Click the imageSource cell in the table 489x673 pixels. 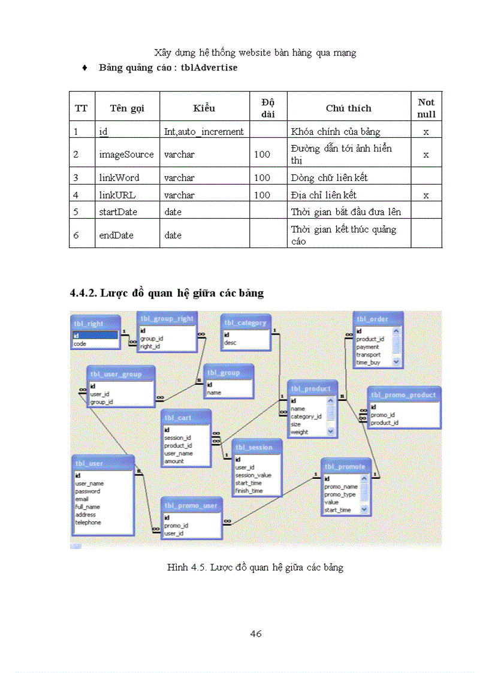pos(126,154)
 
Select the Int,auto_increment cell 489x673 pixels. pos(204,131)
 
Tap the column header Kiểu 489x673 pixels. pos(204,108)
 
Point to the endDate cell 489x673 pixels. pos(116,235)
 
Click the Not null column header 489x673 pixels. pos(426,108)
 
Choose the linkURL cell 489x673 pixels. pos(117,195)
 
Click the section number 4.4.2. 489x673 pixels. pos(83,293)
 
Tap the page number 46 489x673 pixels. pos(256,633)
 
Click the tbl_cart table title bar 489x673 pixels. pos(186,417)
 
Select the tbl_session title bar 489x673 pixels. pos(256,447)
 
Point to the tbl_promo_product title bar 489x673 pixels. pos(404,395)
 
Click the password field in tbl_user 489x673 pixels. pos(87,491)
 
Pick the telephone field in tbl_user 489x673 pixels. pos(88,522)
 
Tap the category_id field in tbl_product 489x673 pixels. pos(306,417)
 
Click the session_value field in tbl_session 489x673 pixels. pos(253,475)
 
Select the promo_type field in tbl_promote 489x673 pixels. pos(340,494)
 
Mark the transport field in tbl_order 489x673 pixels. pos(368,355)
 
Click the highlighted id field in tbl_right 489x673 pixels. pos(95,336)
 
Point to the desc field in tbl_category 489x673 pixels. pos(230,343)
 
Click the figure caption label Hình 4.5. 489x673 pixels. pos(186,566)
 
